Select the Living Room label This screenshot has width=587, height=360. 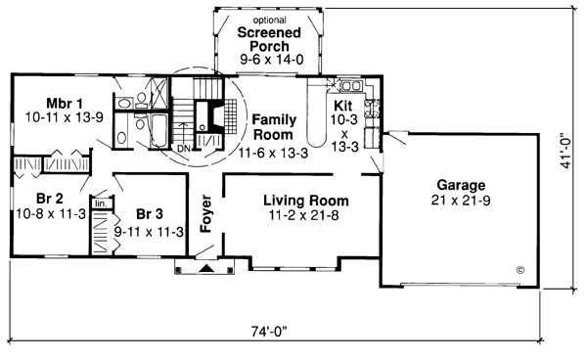(x=306, y=201)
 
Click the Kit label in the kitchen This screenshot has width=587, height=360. (x=343, y=104)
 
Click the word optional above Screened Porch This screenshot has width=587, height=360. (x=265, y=20)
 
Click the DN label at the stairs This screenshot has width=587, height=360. (x=184, y=148)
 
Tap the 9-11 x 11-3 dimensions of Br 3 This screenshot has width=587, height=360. (x=150, y=232)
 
